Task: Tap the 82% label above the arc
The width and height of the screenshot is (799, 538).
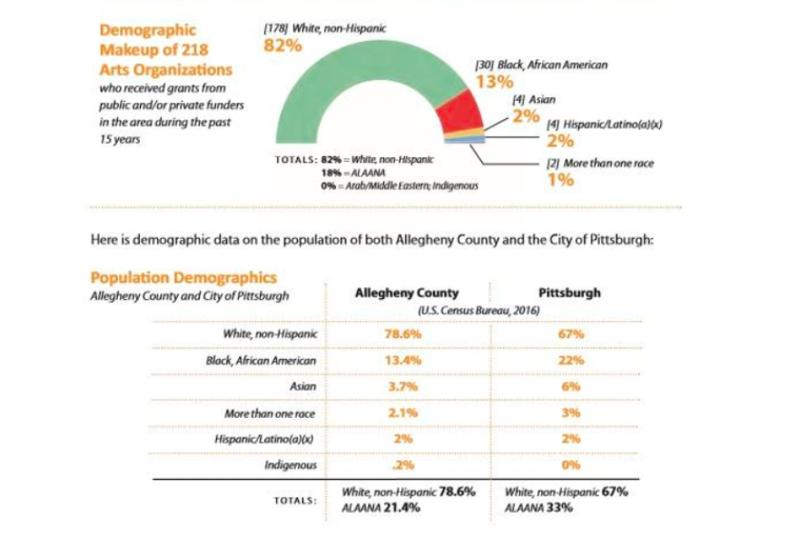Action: (x=281, y=45)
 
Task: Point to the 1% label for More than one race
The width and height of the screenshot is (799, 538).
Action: (x=560, y=179)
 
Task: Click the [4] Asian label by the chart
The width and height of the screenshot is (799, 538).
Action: (x=528, y=99)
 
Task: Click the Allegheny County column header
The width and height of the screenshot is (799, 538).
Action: (x=406, y=293)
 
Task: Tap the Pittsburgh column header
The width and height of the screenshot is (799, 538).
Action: (x=568, y=293)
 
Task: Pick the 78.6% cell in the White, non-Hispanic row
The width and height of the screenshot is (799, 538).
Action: (x=404, y=334)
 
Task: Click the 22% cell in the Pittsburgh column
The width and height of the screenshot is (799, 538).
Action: (x=570, y=361)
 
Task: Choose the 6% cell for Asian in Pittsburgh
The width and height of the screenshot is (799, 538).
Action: (x=570, y=387)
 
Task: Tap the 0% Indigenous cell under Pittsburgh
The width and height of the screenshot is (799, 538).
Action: (x=570, y=465)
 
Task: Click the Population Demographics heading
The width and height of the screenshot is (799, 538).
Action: (x=182, y=278)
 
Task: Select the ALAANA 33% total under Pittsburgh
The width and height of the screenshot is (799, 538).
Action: (x=539, y=508)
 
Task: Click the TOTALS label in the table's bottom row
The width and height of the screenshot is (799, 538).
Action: (x=294, y=500)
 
